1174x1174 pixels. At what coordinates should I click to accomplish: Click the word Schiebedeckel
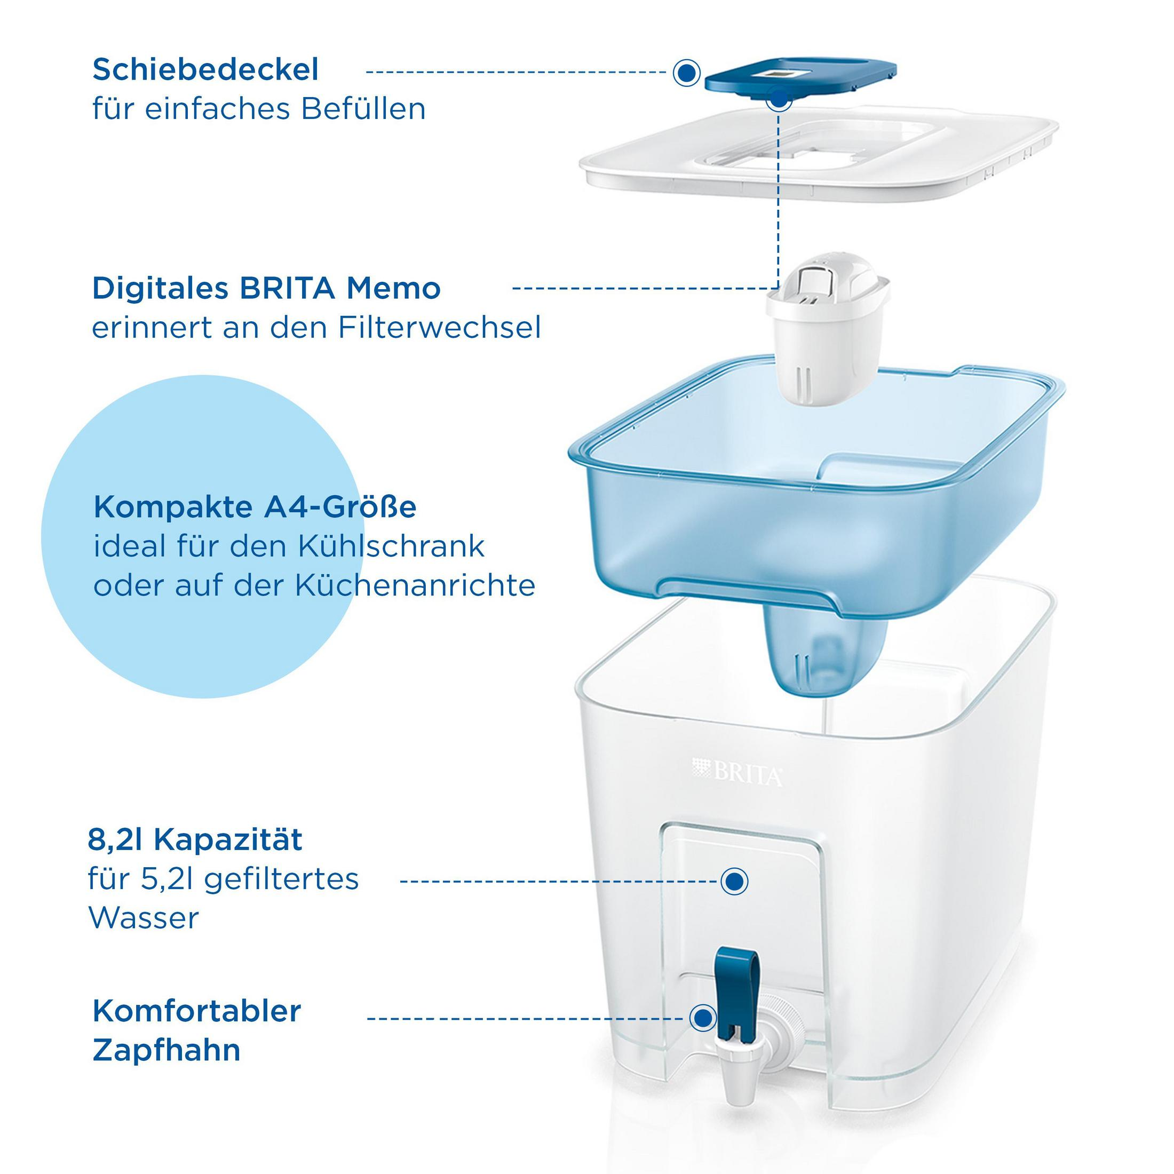tap(205, 70)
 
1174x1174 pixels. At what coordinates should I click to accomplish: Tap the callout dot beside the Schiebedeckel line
tap(687, 73)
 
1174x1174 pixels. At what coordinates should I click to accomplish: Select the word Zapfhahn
tap(166, 1051)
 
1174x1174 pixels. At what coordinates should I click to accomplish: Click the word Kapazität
tap(228, 840)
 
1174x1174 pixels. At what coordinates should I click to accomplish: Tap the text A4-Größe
tap(340, 507)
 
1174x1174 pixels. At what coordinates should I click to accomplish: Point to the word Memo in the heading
tap(393, 288)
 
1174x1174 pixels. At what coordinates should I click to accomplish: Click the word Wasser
tap(144, 918)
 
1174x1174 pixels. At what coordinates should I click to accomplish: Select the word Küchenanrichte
tap(415, 586)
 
